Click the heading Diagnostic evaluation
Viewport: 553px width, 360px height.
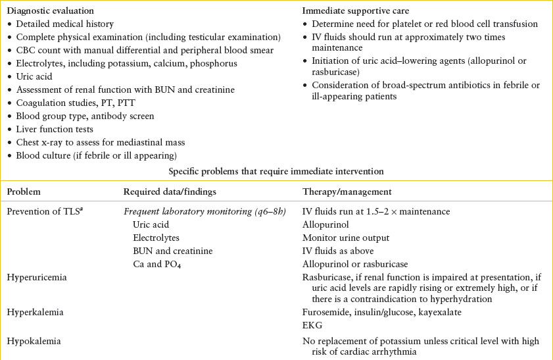point(49,11)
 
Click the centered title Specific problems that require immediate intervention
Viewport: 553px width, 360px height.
point(276,172)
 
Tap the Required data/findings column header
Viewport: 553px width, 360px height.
point(165,192)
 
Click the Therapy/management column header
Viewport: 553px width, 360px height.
point(347,192)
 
